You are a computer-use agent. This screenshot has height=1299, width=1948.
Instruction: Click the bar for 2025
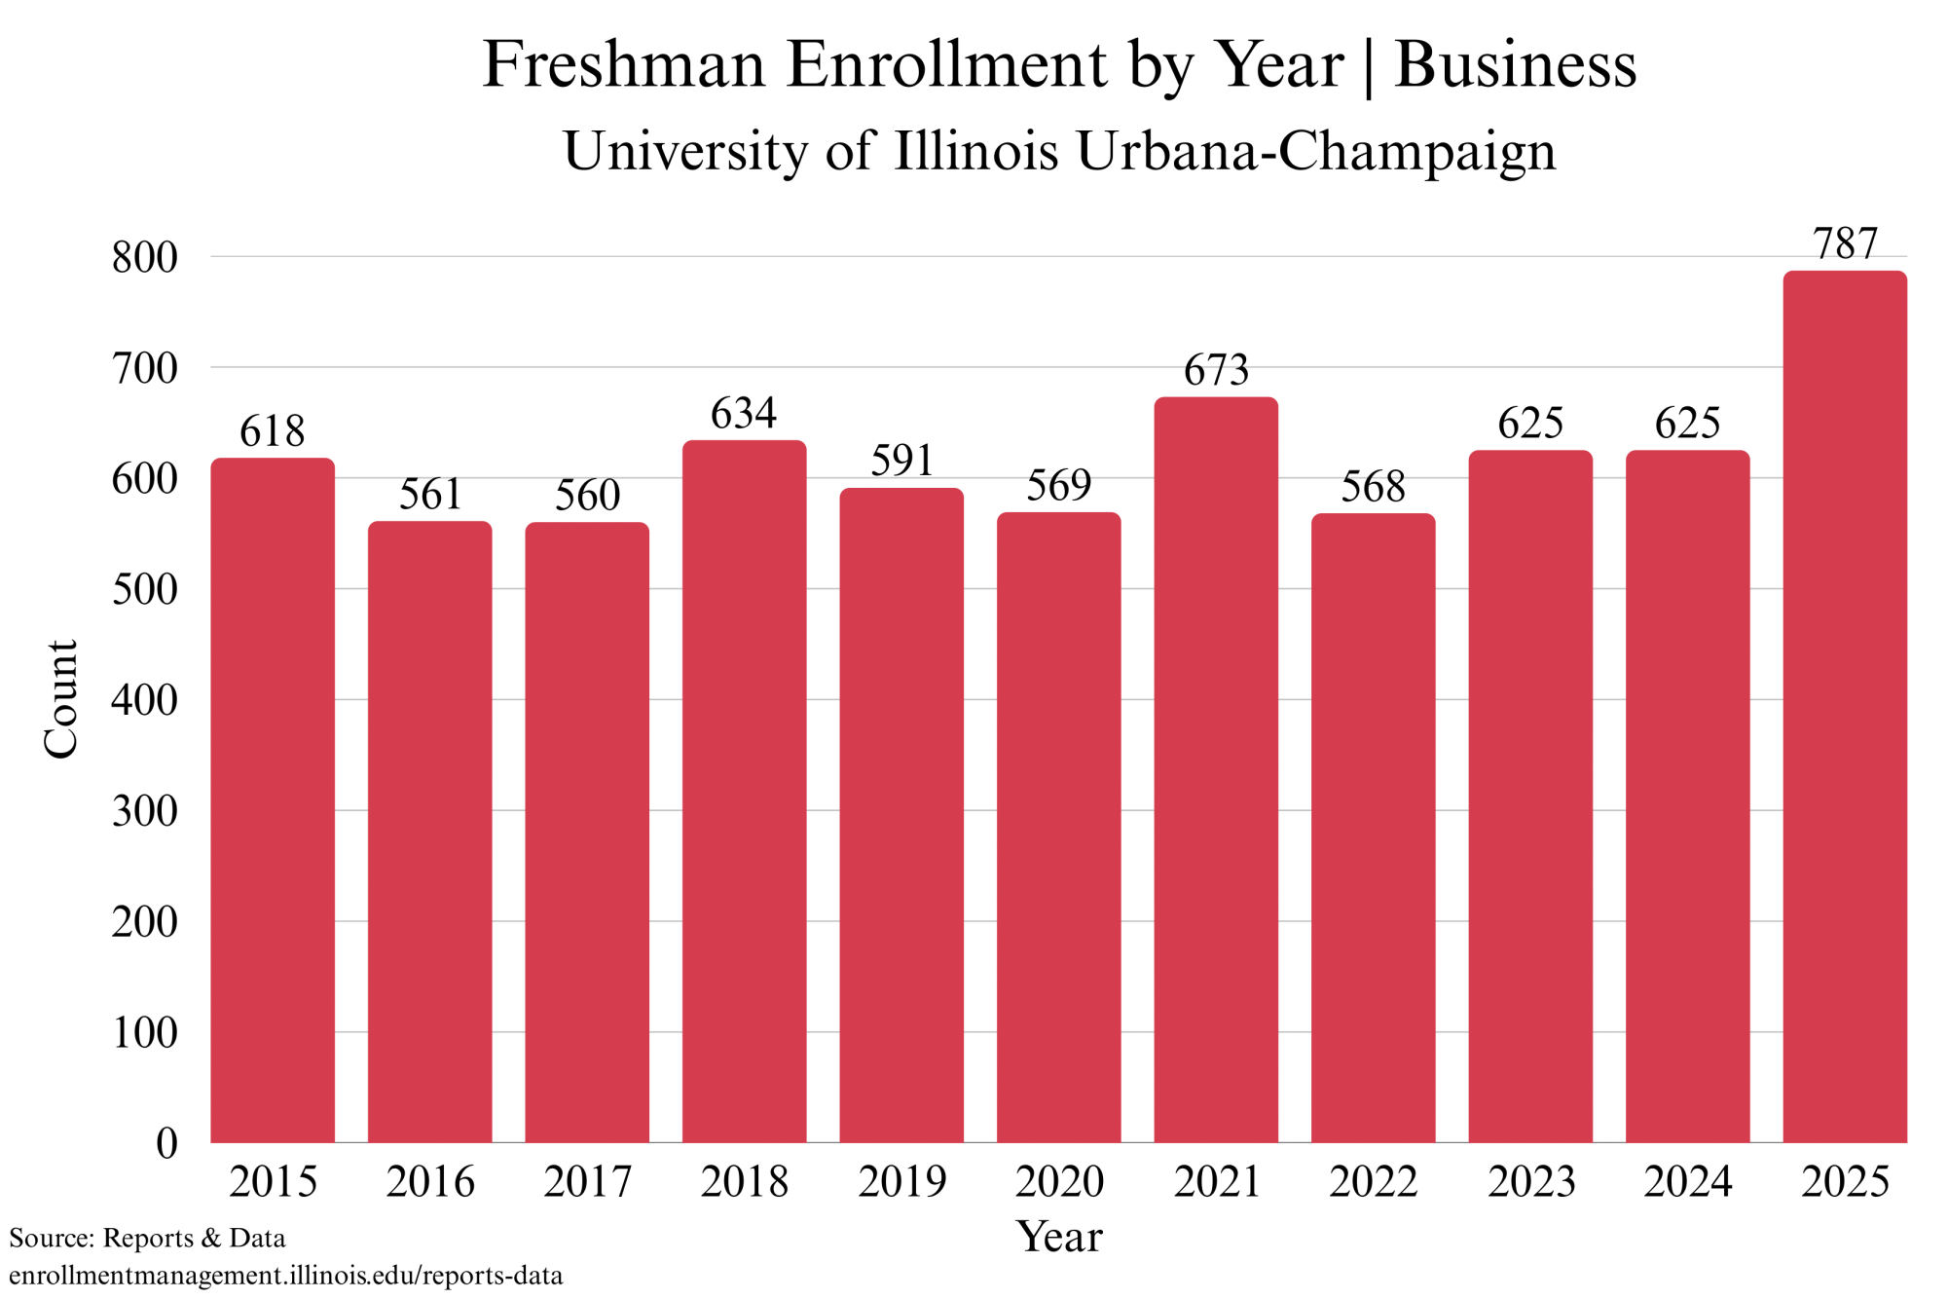(1844, 706)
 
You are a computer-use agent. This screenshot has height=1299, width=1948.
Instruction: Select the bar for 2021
(1215, 769)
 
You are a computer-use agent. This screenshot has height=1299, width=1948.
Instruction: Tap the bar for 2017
(587, 832)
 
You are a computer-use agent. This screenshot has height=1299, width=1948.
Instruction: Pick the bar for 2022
(1373, 828)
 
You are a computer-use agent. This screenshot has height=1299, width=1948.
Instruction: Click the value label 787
(1844, 243)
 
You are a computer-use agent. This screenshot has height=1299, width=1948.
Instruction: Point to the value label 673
(1215, 370)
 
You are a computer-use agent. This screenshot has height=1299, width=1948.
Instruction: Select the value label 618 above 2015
(273, 431)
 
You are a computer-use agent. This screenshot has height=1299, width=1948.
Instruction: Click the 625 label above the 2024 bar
(1687, 424)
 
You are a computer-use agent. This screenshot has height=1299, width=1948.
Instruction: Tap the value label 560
(587, 496)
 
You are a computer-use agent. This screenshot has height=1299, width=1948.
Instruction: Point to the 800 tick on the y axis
(145, 258)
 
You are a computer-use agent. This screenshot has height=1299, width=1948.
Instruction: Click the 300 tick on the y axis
(145, 811)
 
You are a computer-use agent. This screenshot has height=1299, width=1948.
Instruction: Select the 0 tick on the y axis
(166, 1143)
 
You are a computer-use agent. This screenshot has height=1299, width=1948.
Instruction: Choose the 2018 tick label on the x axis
(744, 1182)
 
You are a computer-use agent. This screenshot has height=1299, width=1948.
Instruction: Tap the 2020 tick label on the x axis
(1058, 1182)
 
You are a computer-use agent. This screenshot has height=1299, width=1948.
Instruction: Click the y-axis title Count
(60, 698)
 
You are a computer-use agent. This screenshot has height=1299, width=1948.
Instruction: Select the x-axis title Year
(1058, 1237)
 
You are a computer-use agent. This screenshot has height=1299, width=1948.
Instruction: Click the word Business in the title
(1515, 65)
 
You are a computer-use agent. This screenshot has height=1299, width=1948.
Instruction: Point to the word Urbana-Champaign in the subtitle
(1315, 152)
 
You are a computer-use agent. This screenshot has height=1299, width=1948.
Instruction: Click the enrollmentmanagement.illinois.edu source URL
(286, 1276)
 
